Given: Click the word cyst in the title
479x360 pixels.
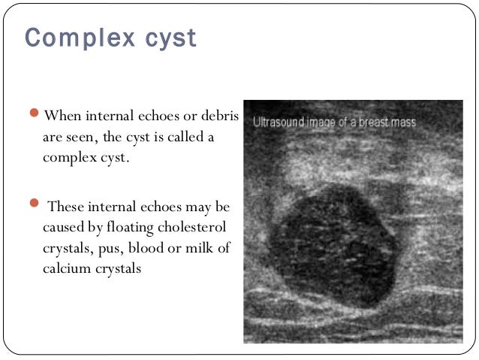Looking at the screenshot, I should pyautogui.click(x=170, y=38).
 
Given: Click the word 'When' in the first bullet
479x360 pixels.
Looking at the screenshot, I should pyautogui.click(x=63, y=116).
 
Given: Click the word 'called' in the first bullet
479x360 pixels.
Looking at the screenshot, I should pyautogui.click(x=202, y=138).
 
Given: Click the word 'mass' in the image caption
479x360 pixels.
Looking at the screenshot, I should pyautogui.click(x=402, y=121).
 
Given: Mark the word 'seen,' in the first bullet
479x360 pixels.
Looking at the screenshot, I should pyautogui.click(x=113, y=138).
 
